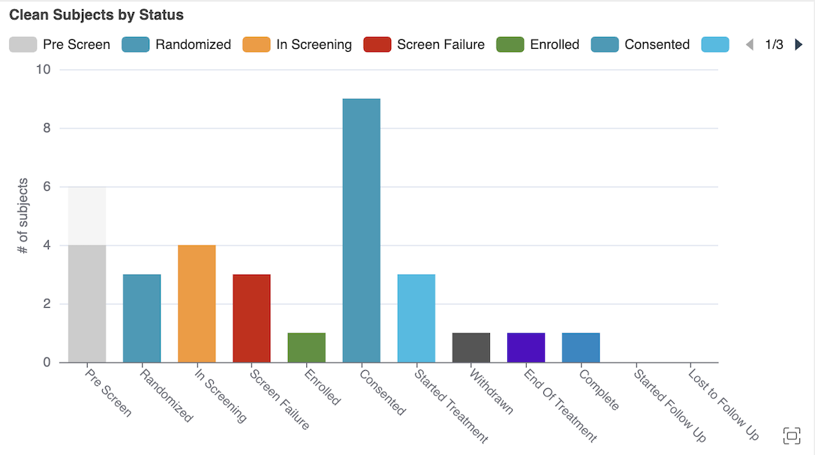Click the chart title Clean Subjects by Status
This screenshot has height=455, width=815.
(96, 15)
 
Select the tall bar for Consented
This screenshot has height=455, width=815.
(361, 231)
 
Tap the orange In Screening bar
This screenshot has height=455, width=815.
(197, 303)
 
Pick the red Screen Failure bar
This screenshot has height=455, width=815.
(251, 318)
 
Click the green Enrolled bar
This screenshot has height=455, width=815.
(306, 348)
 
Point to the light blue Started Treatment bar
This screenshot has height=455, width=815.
(416, 318)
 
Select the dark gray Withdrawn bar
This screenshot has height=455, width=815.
(471, 348)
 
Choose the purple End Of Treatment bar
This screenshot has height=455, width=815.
(526, 348)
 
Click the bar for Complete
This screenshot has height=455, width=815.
(581, 348)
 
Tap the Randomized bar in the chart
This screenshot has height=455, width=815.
(142, 318)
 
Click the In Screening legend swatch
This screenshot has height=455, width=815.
(256, 44)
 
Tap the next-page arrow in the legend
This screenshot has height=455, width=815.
(798, 44)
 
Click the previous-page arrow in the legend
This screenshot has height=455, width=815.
(749, 44)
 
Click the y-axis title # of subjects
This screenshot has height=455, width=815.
(23, 215)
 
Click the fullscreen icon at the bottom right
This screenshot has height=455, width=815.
(792, 435)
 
